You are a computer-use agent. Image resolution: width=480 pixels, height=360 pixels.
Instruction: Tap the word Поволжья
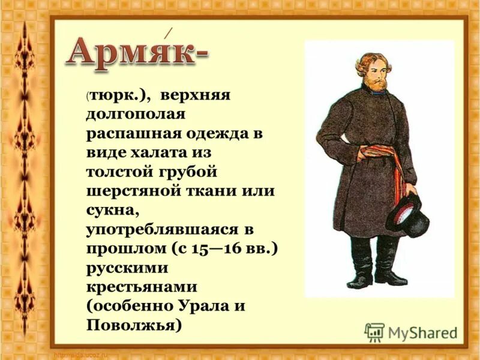[133, 325]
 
